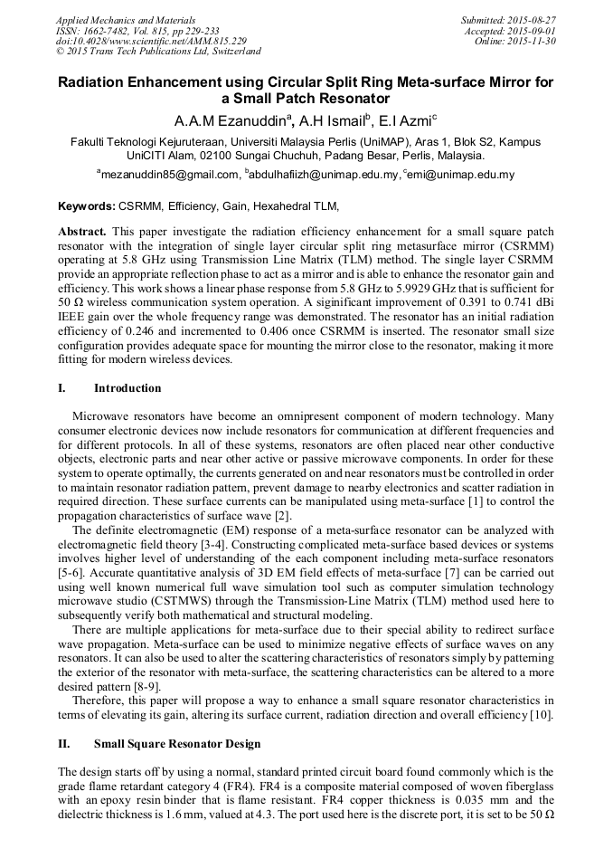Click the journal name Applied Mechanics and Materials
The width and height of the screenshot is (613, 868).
124,19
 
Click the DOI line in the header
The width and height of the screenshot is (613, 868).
151,41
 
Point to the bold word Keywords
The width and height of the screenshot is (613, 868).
86,206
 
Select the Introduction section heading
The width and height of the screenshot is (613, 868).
127,388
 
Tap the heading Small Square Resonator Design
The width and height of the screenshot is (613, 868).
177,744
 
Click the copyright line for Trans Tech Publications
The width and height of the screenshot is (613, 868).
158,52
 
